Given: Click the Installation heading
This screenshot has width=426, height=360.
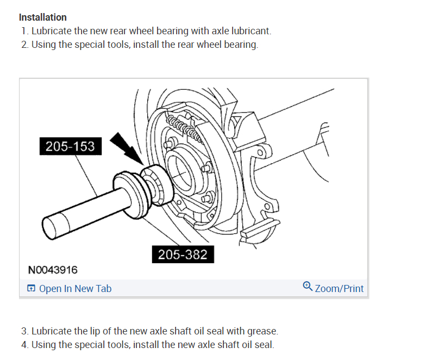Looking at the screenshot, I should tap(43, 17).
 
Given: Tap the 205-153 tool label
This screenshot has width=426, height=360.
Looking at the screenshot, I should tap(70, 146).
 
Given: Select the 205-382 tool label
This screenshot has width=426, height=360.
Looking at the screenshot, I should tap(183, 254).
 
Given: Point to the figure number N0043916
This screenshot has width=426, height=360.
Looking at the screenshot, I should tap(53, 270).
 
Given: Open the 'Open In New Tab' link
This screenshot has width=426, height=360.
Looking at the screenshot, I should tap(75, 289).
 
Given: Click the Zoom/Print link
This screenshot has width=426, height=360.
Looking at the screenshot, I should tap(339, 289).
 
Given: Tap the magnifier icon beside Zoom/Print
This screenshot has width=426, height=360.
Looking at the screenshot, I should tap(308, 287).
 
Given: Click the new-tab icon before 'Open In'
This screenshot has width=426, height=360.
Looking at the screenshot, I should tap(32, 289).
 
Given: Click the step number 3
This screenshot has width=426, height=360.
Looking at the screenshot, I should tap(24, 331).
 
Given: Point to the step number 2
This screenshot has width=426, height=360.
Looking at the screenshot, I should tap(24, 45).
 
